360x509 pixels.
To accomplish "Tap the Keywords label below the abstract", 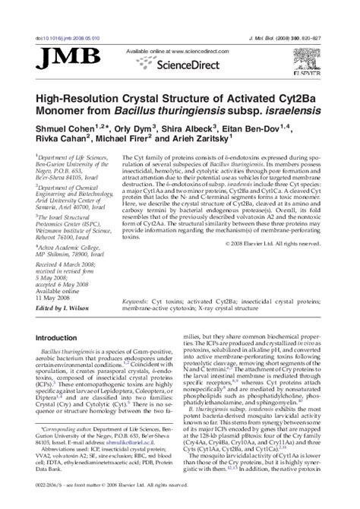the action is tap(137, 300).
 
